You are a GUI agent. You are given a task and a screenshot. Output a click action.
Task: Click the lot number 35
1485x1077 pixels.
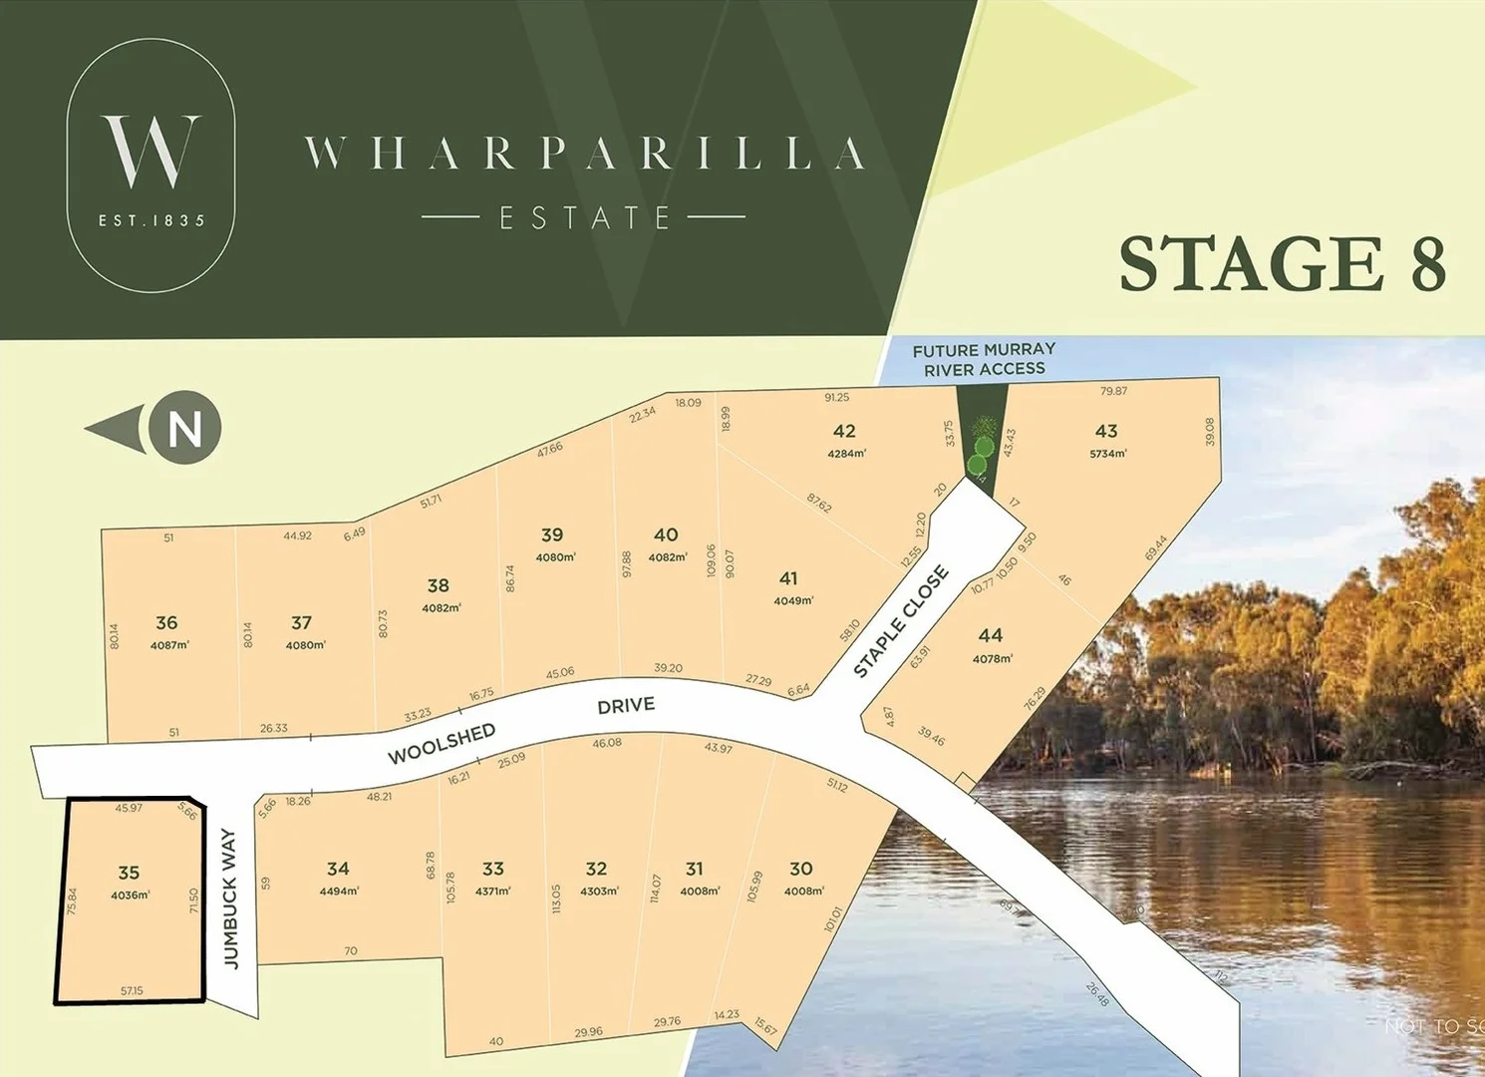click(x=129, y=873)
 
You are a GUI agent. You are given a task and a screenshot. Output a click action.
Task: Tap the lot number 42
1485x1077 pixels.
click(x=844, y=431)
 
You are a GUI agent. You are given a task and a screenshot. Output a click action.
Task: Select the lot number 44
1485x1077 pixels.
click(x=991, y=635)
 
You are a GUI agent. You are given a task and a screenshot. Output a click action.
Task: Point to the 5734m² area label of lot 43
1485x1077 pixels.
click(x=1108, y=454)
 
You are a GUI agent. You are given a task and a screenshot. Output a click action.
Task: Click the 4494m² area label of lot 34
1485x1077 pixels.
click(x=339, y=891)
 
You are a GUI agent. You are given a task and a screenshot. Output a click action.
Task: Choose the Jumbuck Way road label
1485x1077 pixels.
click(x=230, y=898)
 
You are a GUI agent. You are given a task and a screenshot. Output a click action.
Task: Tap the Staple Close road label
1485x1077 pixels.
click(x=901, y=622)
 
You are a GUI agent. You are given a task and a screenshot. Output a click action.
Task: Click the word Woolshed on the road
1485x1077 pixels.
click(x=442, y=744)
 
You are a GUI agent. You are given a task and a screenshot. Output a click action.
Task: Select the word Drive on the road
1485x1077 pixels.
click(x=626, y=706)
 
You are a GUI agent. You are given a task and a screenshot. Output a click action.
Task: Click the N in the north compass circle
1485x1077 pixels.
click(x=185, y=429)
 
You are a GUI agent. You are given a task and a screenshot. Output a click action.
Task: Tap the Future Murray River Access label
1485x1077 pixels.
click(x=984, y=359)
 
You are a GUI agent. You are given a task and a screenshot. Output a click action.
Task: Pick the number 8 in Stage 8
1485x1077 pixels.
click(x=1428, y=264)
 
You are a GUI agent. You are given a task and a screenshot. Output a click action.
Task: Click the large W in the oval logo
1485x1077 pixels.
click(x=150, y=152)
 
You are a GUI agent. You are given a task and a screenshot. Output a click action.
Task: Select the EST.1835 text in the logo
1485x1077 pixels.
click(x=151, y=220)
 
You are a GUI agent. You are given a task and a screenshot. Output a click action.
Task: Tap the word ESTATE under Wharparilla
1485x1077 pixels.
click(x=584, y=217)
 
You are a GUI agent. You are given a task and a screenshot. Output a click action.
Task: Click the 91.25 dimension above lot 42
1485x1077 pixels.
click(x=837, y=398)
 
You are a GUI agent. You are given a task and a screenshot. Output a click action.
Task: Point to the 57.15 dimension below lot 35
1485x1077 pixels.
click(x=132, y=990)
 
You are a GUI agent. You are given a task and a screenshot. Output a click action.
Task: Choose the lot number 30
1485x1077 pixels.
click(x=801, y=869)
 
